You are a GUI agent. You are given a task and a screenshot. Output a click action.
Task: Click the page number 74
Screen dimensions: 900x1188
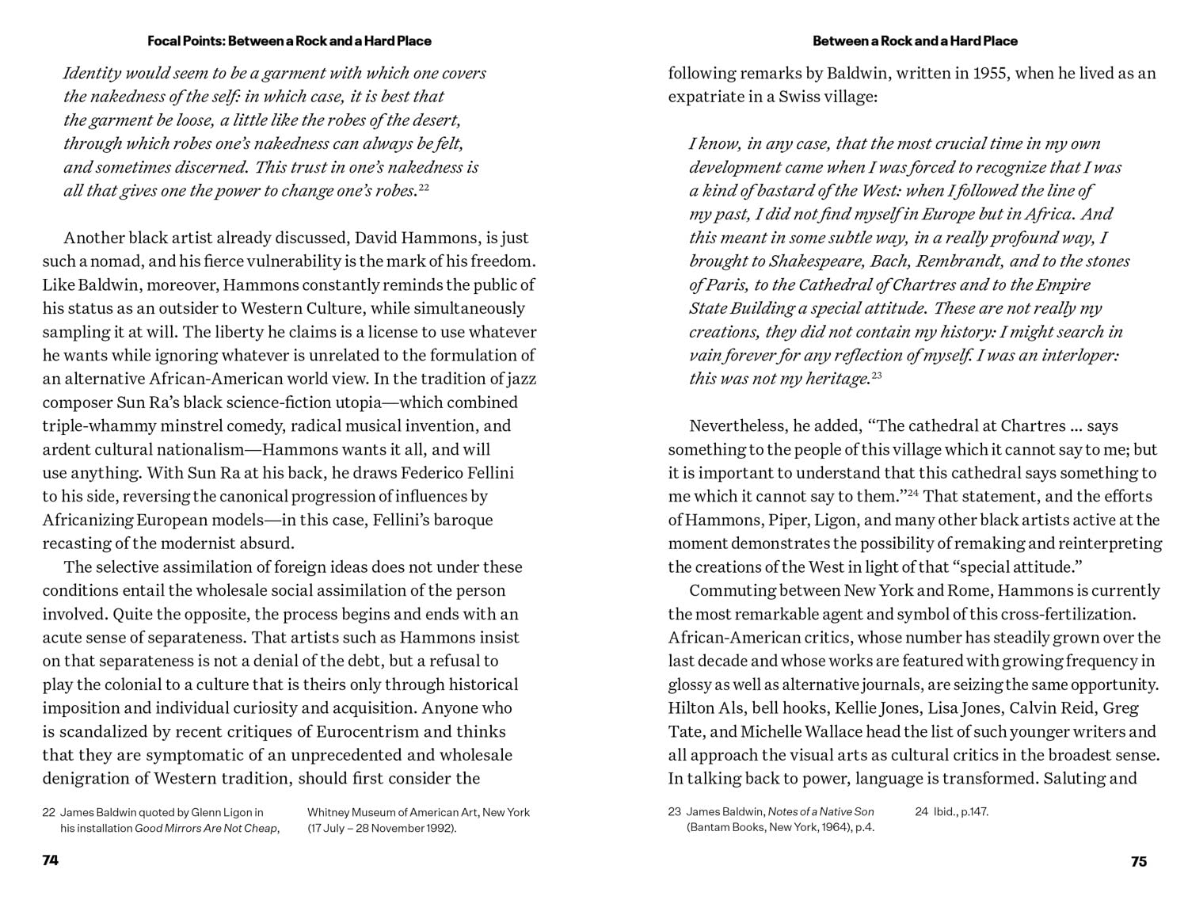pos(51,861)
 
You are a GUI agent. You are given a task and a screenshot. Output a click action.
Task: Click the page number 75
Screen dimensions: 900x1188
pos(1138,862)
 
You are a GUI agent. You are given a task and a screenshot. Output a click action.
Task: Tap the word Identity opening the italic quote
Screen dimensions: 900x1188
pos(92,74)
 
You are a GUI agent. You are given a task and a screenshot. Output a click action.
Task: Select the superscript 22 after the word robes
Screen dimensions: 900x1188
pos(424,188)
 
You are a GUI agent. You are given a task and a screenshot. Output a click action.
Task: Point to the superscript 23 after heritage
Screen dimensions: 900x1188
pos(877,376)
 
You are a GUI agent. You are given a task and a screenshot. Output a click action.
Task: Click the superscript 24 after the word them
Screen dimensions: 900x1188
pos(912,494)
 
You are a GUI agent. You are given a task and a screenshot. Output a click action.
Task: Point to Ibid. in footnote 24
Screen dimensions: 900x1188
pos(946,812)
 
